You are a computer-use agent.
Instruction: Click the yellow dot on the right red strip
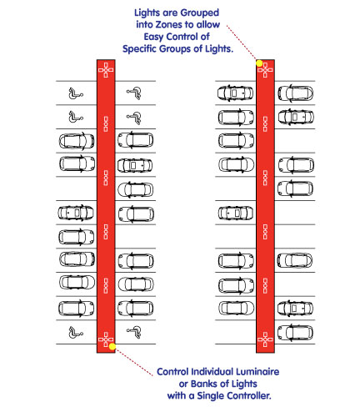coord(259,63)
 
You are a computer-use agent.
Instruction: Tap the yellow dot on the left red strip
coord(112,346)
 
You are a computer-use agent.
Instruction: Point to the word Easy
coord(153,37)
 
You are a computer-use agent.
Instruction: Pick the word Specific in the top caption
coord(139,49)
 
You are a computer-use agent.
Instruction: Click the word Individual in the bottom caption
coord(211,372)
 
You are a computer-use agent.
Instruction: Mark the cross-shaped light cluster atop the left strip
coord(106,70)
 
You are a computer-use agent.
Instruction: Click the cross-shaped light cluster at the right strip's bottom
coord(265,339)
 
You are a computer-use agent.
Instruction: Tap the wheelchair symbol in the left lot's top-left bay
coord(76,93)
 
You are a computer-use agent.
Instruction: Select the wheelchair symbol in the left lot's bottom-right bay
coord(134,332)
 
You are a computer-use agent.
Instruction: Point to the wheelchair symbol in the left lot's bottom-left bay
coord(76,332)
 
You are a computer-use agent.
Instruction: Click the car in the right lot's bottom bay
coord(295,332)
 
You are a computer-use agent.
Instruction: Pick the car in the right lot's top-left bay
coord(235,93)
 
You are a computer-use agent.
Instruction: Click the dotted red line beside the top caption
coord(242,43)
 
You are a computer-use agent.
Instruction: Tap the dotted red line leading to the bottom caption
coord(134,362)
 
